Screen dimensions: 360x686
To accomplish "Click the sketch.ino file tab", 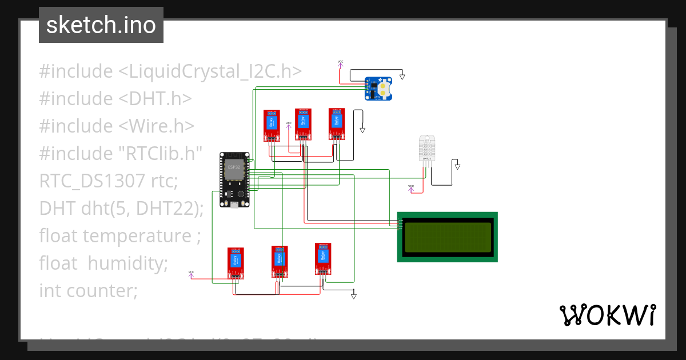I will pos(101,25).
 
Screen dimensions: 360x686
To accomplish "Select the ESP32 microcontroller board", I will pos(235,179).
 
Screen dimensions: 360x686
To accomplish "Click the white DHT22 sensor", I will pos(426,149).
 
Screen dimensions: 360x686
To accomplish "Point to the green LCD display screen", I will pos(447,237).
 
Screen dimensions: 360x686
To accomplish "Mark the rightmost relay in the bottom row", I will pos(323,259).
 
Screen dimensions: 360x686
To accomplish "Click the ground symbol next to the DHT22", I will pos(457,167).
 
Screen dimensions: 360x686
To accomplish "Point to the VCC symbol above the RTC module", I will pos(340,63).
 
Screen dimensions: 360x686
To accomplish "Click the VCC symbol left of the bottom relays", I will pos(191,273).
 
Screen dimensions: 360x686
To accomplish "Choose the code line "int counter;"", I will pos(89,291).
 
